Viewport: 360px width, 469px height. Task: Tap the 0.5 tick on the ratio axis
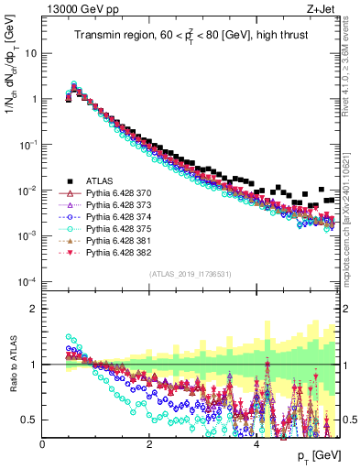pos(31,420)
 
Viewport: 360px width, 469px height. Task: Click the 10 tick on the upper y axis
pos(31,53)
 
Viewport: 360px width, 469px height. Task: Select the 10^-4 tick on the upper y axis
pos(27,281)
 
